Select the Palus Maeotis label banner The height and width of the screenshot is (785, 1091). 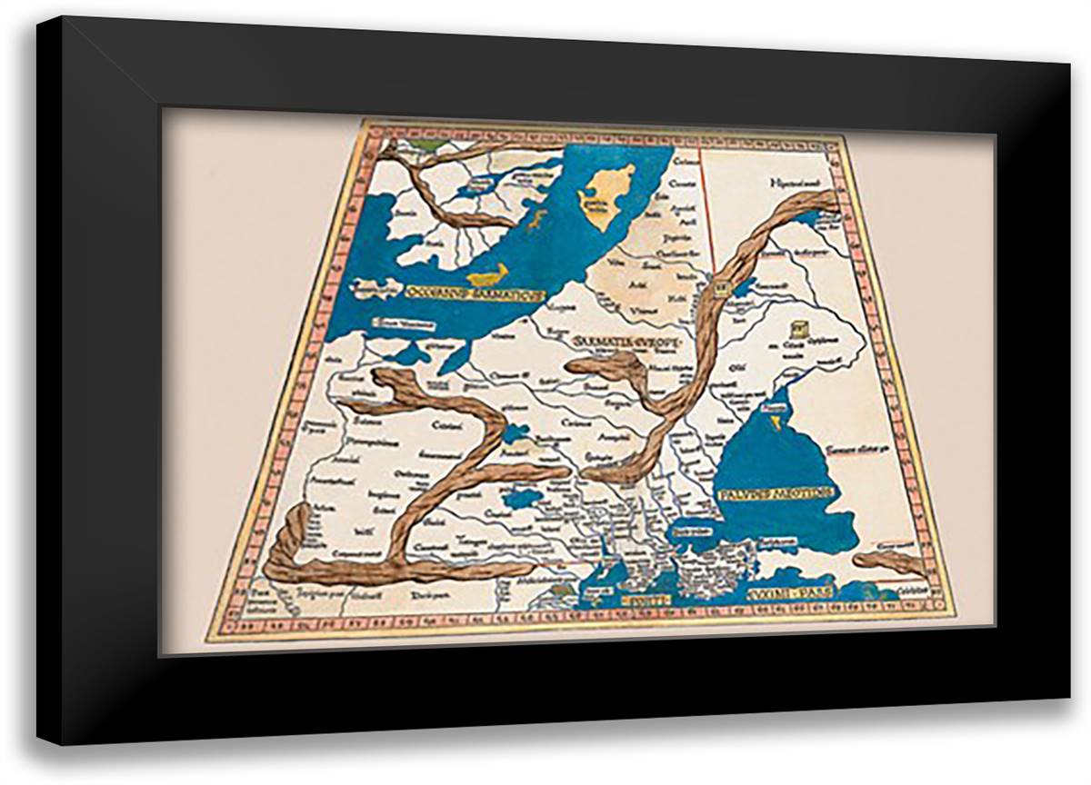coord(775,493)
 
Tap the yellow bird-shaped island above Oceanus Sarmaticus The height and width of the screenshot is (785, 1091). coord(488,273)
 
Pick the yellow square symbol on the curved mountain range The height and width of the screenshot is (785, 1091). coord(722,289)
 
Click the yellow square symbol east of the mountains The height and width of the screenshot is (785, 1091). coord(799,329)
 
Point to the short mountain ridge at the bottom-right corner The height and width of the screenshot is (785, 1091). coord(890,561)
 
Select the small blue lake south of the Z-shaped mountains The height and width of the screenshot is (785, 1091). coord(523,497)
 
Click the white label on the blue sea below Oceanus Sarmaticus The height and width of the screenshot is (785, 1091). coord(404,323)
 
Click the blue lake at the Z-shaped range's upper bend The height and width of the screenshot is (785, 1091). coord(516,432)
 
